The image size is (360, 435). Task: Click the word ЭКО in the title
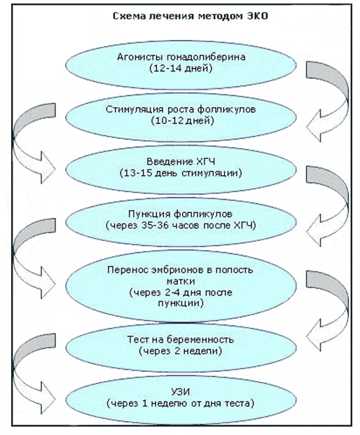pyautogui.click(x=257, y=16)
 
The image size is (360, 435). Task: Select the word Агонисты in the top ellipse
pyautogui.click(x=140, y=57)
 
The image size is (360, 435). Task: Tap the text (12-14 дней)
pyautogui.click(x=181, y=68)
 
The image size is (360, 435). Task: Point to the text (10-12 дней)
pyautogui.click(x=183, y=120)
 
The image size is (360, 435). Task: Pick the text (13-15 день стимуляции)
pyautogui.click(x=181, y=173)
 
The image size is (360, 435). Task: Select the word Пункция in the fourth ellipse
pyautogui.click(x=149, y=214)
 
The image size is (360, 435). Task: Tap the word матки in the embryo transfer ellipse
pyautogui.click(x=181, y=281)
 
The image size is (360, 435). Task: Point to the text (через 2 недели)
pyautogui.click(x=181, y=351)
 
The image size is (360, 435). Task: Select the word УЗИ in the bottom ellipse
pyautogui.click(x=181, y=392)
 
